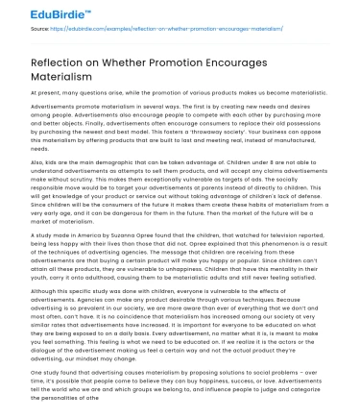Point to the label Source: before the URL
pyautogui.click(x=13, y=29)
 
